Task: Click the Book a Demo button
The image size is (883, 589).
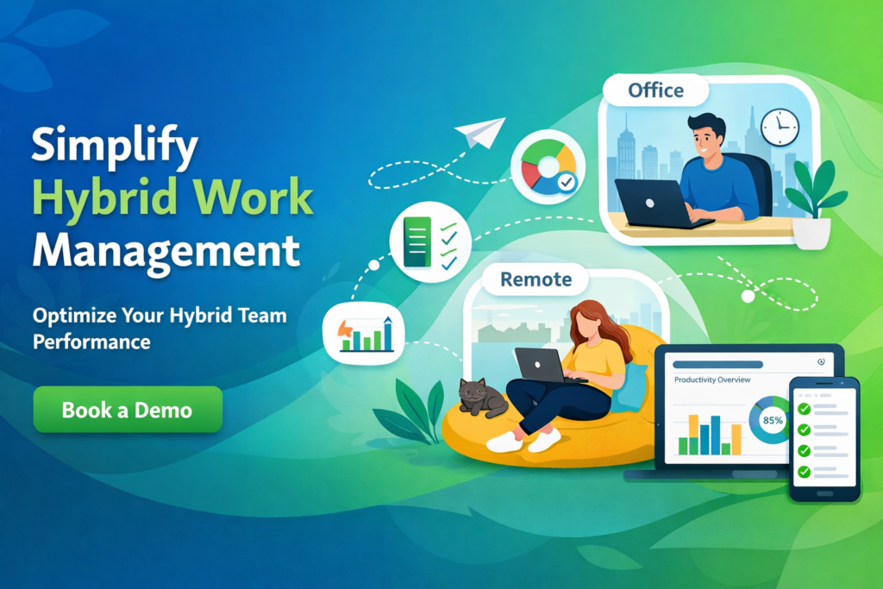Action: point(128,409)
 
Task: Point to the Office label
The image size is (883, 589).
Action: point(655,91)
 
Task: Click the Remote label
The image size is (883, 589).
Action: point(535,279)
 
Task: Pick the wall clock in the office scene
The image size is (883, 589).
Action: point(780,127)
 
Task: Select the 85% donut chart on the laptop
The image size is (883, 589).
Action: point(771,422)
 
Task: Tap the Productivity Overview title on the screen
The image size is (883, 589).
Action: point(712,379)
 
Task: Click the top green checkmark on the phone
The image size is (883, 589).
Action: point(804,409)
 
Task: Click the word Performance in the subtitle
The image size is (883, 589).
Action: point(91,342)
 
